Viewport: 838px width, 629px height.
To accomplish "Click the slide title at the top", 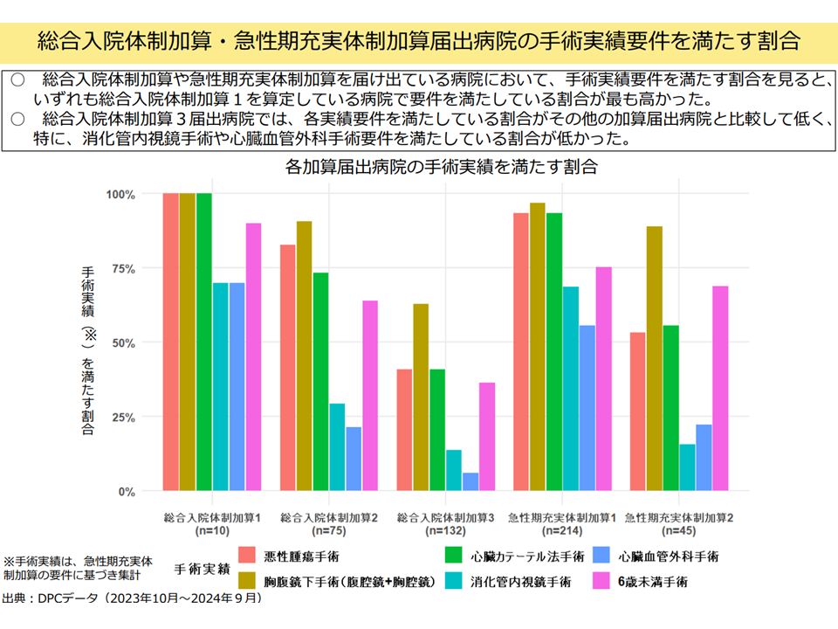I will (x=419, y=40).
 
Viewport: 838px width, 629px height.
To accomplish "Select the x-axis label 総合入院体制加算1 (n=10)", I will (x=212, y=523).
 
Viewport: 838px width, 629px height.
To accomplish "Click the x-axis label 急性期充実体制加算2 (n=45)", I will (x=678, y=523).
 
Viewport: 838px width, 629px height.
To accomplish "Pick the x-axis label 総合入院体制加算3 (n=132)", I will (x=445, y=523).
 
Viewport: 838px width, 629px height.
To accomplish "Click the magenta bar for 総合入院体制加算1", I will (x=253, y=357).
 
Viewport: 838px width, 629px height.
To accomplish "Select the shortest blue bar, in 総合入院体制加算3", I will (x=471, y=482).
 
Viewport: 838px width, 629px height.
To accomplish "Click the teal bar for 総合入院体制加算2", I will (x=337, y=447).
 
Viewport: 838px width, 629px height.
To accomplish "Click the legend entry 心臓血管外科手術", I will (x=667, y=556).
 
